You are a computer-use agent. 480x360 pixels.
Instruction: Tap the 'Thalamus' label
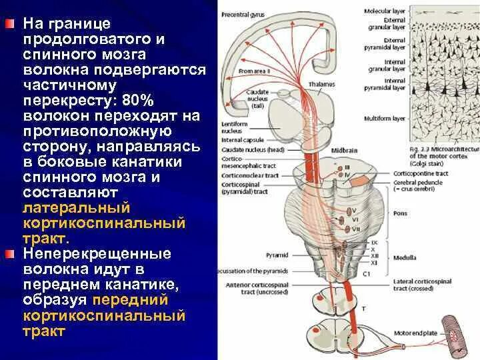click(322, 85)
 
